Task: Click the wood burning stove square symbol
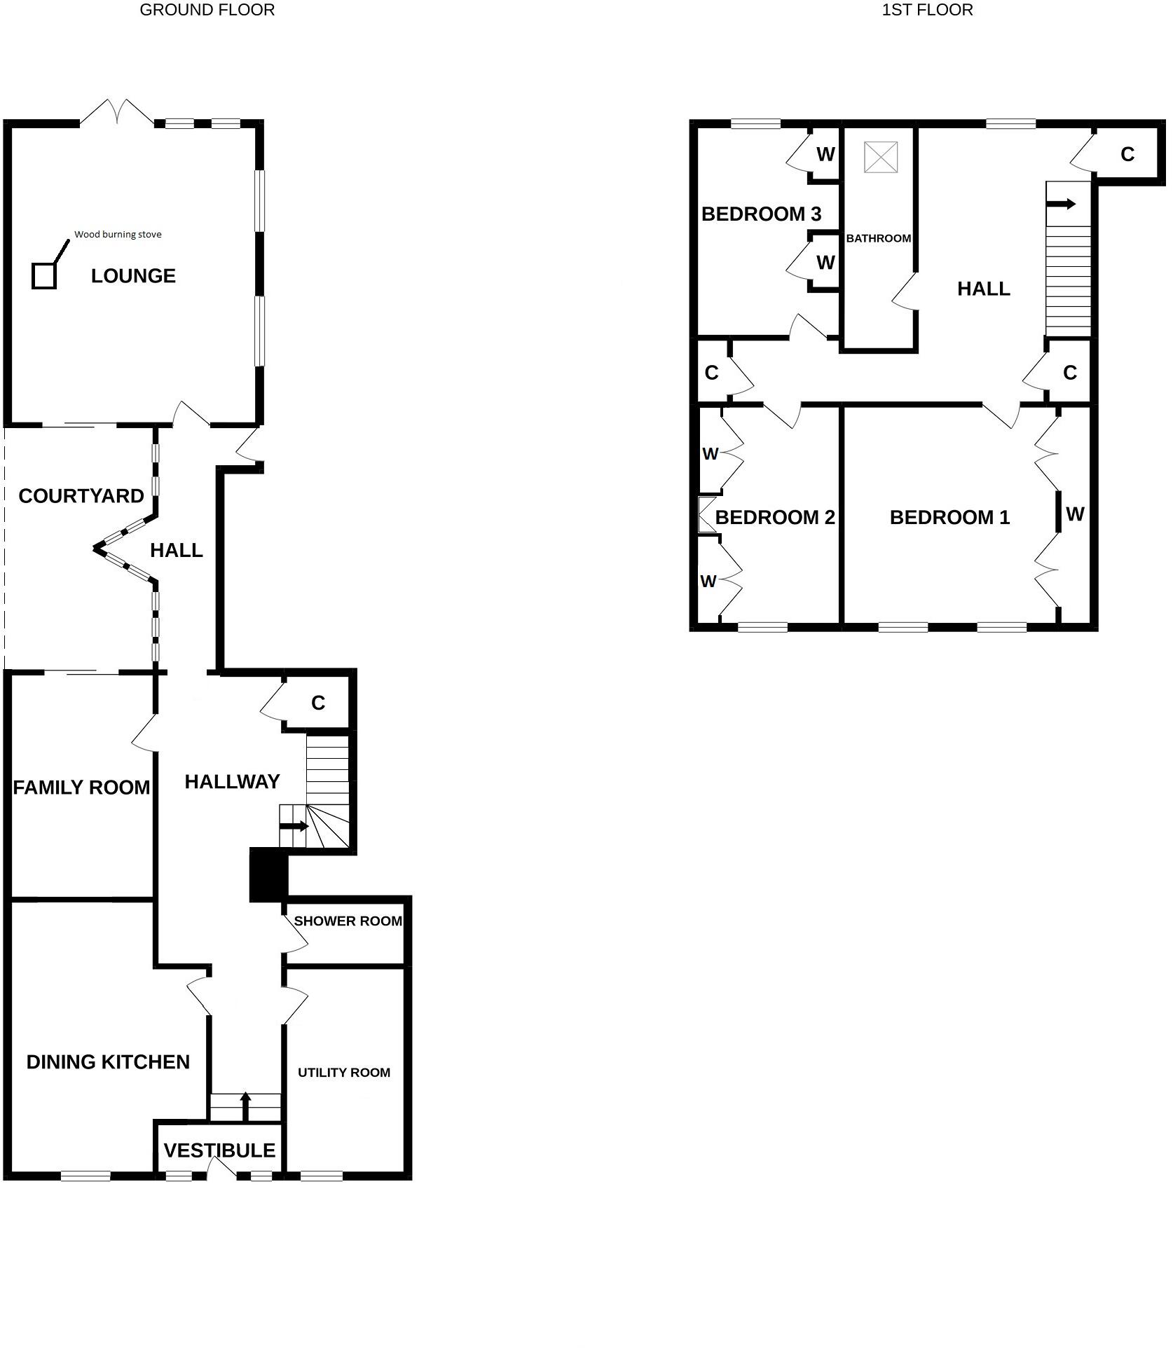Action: [x=43, y=275]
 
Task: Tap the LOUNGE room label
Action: [x=133, y=276]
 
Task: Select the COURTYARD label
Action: [x=81, y=496]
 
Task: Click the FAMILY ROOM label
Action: [x=81, y=788]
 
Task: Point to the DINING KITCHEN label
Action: [x=108, y=1062]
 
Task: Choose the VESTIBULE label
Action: [x=219, y=1150]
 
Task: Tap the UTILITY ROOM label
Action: [x=344, y=1072]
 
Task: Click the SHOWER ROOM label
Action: [x=348, y=921]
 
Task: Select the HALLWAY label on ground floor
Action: [x=232, y=782]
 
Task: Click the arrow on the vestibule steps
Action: [x=245, y=1106]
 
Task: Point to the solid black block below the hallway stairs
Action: [x=269, y=874]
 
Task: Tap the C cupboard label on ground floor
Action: [x=318, y=703]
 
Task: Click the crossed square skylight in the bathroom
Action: [x=881, y=157]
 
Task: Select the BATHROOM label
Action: [x=879, y=238]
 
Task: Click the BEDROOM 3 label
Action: [x=761, y=214]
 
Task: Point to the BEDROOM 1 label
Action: [x=949, y=517]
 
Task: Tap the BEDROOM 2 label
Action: [x=775, y=517]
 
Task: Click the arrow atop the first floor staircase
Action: [x=1061, y=204]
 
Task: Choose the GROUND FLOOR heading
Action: [x=207, y=10]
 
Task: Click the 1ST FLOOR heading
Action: [x=927, y=10]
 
